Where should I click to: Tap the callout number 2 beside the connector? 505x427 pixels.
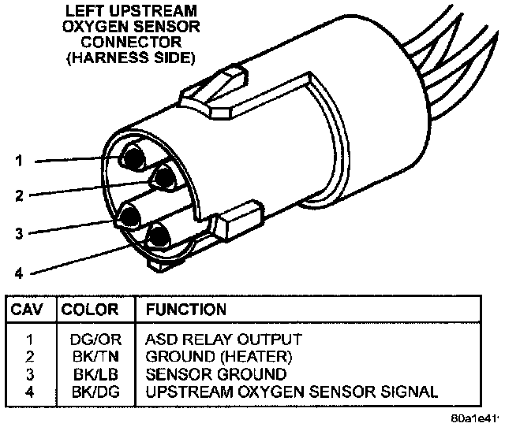19,195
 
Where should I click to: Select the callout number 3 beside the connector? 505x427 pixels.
19,232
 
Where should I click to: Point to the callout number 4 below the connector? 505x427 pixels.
19,273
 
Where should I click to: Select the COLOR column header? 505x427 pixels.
90,310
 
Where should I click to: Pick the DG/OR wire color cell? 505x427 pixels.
91,340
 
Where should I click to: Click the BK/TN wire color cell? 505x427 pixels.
91,357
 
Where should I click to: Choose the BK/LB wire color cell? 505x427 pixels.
91,373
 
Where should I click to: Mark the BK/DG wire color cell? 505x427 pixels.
91,391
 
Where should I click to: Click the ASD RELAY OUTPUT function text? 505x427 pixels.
223,340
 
